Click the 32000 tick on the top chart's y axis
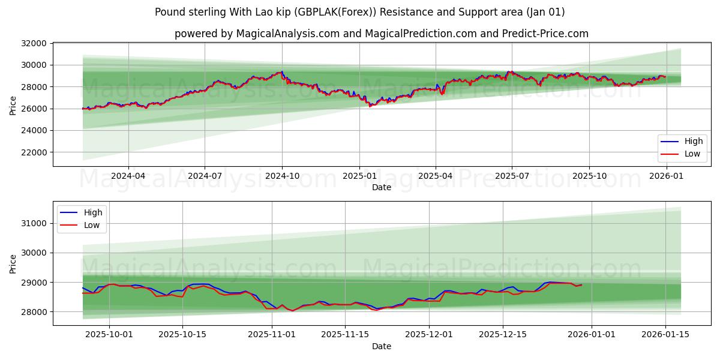(x=34, y=43)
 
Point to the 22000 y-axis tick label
(x=34, y=152)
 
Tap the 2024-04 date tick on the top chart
(x=128, y=176)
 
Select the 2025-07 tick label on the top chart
(x=512, y=176)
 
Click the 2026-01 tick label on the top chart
(x=665, y=176)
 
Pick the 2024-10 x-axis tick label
(x=282, y=176)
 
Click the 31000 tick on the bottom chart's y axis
(x=34, y=223)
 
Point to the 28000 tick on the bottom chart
(x=34, y=312)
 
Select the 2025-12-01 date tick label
(x=429, y=335)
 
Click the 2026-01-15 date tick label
(x=665, y=335)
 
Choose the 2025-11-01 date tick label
(x=272, y=335)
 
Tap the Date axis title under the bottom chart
(x=382, y=346)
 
